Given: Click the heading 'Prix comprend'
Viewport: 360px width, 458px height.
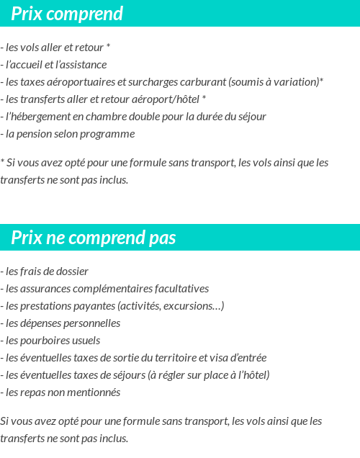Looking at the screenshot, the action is tap(67, 14).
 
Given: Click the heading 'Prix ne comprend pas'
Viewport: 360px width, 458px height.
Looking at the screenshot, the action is tap(94, 238).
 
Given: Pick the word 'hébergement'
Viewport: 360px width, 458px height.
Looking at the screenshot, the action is tap(40, 116).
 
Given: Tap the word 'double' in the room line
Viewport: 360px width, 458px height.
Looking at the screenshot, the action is tap(150, 116).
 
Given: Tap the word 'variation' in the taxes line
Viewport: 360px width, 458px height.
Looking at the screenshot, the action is tap(296, 81).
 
